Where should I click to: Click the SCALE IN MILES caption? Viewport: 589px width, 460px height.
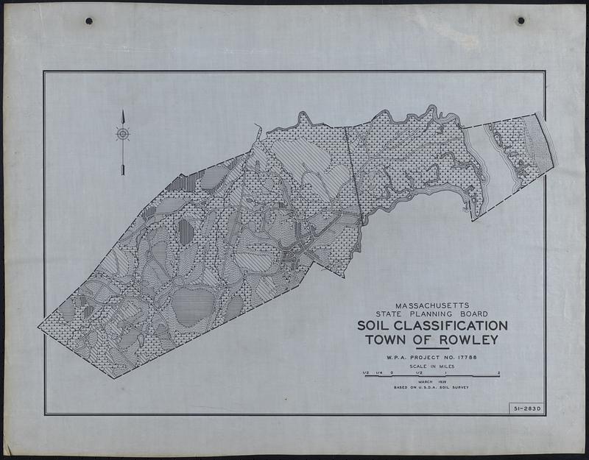pyautogui.click(x=431, y=367)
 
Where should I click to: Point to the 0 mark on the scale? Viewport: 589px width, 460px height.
pyautogui.click(x=392, y=372)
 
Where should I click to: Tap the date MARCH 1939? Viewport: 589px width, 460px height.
pyautogui.click(x=431, y=382)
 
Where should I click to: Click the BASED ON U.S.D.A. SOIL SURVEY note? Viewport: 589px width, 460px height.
pyautogui.click(x=431, y=387)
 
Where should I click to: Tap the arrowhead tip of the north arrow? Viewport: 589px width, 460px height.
pyautogui.click(x=123, y=112)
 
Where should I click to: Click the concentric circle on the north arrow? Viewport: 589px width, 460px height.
pyautogui.click(x=123, y=133)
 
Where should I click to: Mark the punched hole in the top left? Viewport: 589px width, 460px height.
pyautogui.click(x=88, y=21)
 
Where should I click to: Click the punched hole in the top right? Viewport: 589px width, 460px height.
pyautogui.click(x=521, y=21)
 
